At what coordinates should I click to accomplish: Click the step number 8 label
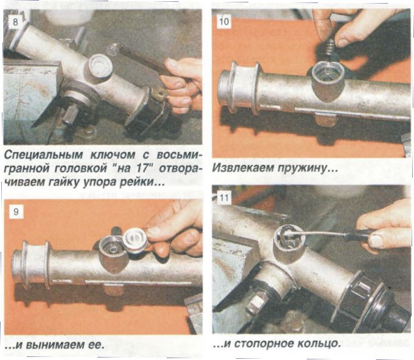[15, 21]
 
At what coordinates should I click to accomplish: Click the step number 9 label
[16, 212]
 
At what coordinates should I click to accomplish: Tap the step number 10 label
[224, 21]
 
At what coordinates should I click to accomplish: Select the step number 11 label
[224, 198]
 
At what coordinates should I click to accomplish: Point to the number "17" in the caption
[142, 168]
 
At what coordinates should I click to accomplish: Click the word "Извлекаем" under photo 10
[243, 168]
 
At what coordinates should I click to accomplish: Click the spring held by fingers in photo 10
[329, 47]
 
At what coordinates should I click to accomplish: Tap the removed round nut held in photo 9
[136, 240]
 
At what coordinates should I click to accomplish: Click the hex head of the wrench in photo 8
[112, 50]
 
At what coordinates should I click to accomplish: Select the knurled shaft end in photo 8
[70, 116]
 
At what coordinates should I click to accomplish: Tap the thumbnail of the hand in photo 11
[377, 240]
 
